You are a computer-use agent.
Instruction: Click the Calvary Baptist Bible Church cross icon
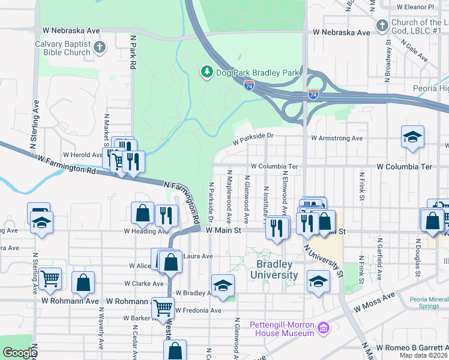click(x=101, y=46)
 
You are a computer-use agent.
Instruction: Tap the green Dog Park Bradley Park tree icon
click(x=207, y=72)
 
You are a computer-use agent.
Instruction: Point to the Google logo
click(x=20, y=353)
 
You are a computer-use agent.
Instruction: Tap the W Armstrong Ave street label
click(x=337, y=138)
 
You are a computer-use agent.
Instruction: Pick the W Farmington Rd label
click(x=66, y=166)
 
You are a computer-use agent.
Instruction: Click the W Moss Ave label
click(x=373, y=302)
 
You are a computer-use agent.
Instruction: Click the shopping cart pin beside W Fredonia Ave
click(x=163, y=307)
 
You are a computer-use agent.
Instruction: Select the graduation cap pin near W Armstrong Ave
click(x=412, y=137)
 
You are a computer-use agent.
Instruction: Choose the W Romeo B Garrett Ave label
click(x=412, y=348)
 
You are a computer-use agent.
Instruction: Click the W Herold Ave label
click(x=83, y=155)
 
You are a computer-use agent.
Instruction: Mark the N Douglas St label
click(x=417, y=255)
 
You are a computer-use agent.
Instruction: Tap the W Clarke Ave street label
click(x=144, y=283)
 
